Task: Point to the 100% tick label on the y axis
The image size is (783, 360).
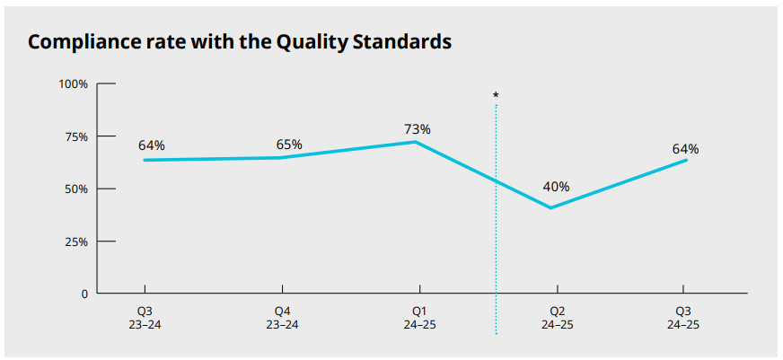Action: coord(74,84)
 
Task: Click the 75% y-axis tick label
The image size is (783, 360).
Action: coord(76,136)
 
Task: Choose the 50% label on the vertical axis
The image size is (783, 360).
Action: coord(76,189)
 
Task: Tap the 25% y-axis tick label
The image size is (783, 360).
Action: coord(76,241)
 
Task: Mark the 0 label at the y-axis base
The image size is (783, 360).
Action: coord(84,294)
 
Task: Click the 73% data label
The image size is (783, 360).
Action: coord(418,129)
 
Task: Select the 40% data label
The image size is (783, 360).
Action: coord(556,188)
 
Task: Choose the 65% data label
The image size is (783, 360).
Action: coord(289,145)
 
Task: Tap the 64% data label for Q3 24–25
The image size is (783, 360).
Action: coord(685,149)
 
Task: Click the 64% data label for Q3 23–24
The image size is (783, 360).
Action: coord(152,145)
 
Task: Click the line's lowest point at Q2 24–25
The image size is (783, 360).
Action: coord(550,207)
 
